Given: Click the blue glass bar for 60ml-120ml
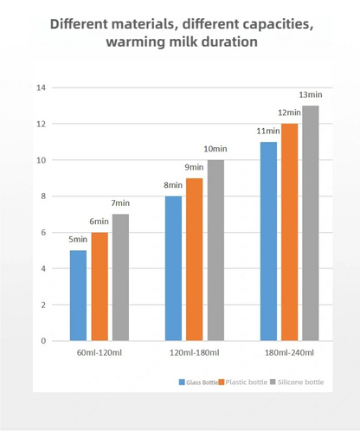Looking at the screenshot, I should coord(78,295).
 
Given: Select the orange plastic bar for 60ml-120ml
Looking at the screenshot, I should coord(100,286).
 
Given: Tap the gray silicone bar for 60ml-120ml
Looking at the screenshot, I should coord(120,277).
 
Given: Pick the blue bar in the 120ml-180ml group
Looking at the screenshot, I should coord(173,268).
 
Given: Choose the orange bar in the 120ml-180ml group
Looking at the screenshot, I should coord(195,260).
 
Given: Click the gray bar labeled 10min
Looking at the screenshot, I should coord(215,250).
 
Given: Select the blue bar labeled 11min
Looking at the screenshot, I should coord(268,241).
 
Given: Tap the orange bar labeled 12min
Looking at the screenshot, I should coord(289,232).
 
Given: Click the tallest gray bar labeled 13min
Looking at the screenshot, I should coord(311,223).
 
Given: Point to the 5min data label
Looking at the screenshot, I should coord(78,240).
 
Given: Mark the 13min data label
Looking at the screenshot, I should coord(311,94).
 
